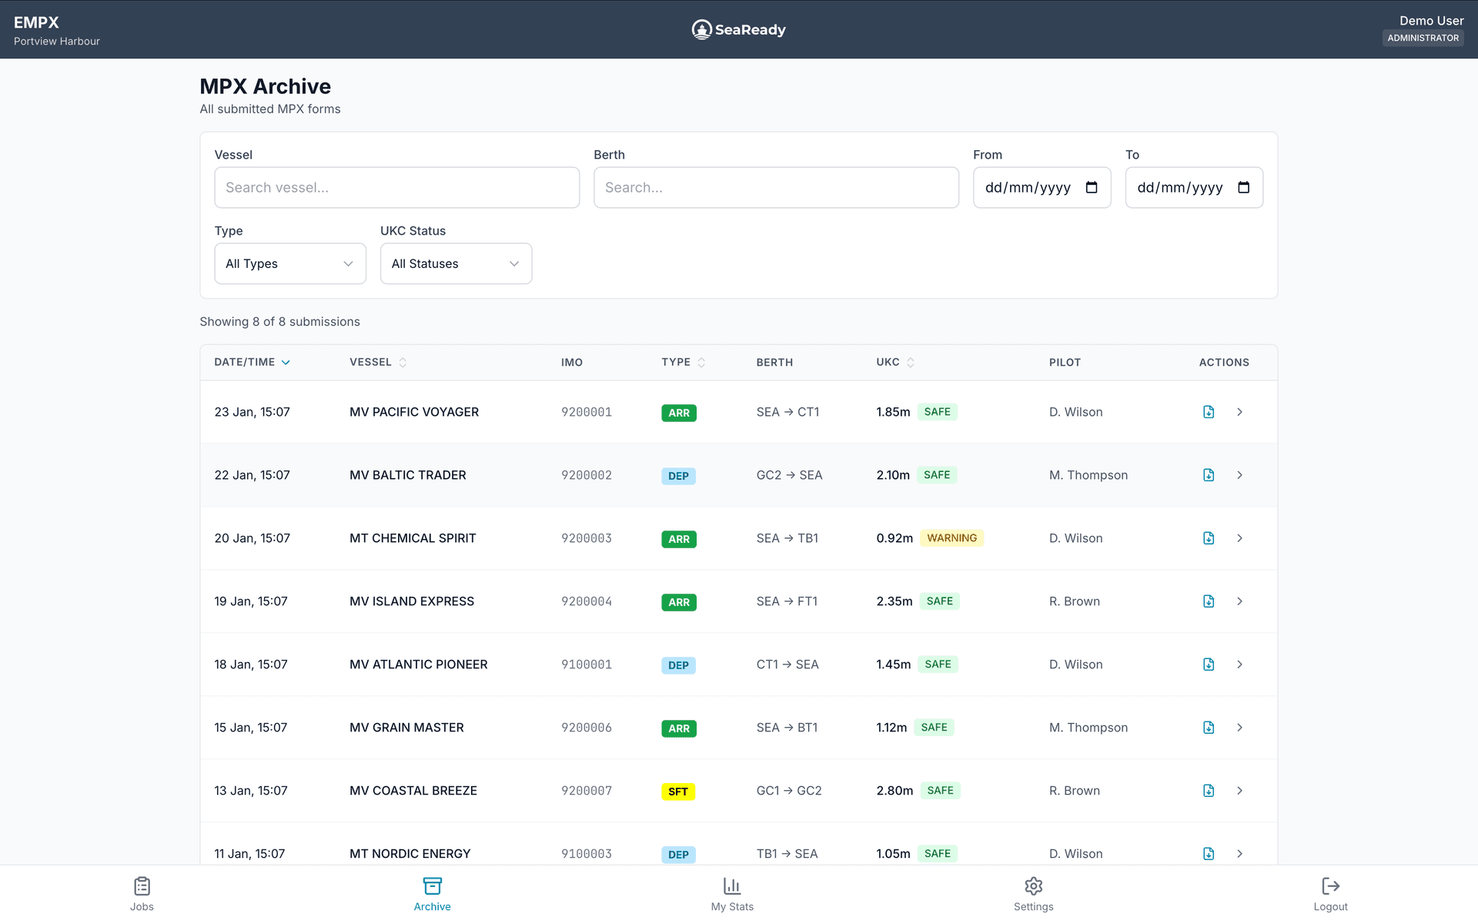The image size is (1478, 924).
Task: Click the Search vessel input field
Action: pos(396,187)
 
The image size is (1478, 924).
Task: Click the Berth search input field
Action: pos(776,187)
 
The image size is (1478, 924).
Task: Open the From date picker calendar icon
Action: pos(1091,187)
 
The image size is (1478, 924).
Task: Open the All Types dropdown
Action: pos(289,263)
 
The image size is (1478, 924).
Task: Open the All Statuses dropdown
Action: pos(456,263)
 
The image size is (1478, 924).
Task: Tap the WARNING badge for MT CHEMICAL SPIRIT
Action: pos(951,538)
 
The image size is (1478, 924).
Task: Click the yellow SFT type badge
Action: pos(678,792)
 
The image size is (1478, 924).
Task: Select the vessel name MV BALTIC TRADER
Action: pos(407,475)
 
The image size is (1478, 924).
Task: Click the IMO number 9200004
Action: pos(586,601)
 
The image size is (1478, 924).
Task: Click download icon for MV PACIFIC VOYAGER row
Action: pos(1209,412)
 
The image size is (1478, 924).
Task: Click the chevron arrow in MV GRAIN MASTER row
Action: pos(1239,728)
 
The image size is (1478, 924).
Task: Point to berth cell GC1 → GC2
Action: pos(788,791)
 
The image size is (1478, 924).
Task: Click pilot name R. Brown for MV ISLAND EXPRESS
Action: pos(1074,601)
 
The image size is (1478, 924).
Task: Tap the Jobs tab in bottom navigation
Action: pos(142,894)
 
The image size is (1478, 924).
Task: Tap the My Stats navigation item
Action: pos(732,894)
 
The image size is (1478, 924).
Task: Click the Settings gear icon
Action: pos(1033,886)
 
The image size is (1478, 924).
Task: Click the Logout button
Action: pos(1330,894)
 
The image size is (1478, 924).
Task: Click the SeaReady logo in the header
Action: pos(738,29)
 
